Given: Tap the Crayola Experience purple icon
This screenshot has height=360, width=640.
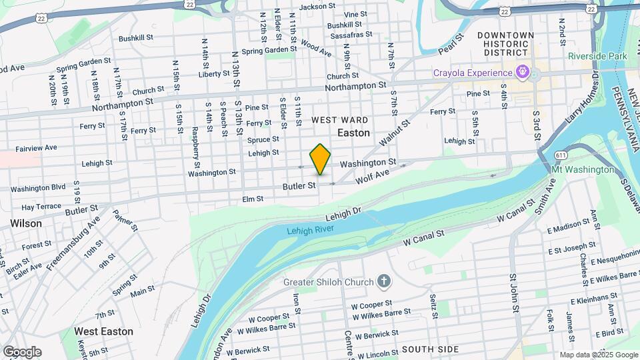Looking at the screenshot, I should [523, 71].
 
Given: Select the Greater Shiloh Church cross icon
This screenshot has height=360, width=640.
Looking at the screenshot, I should [383, 281].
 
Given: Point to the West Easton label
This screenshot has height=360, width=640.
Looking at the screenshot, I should [103, 331].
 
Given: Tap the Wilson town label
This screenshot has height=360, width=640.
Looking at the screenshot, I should [26, 224].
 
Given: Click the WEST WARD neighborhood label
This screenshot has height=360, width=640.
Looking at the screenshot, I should [340, 120].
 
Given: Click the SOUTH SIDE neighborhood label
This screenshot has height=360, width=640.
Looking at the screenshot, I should [429, 349].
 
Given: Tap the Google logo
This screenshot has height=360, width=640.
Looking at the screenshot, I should [22, 352].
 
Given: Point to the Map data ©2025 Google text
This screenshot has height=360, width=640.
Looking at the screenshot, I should [598, 355].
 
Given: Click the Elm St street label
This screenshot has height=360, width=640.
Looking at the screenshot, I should [253, 199].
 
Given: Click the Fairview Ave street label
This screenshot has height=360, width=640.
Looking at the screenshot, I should [36, 147].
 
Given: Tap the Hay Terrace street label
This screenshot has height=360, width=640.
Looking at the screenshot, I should [41, 208].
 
